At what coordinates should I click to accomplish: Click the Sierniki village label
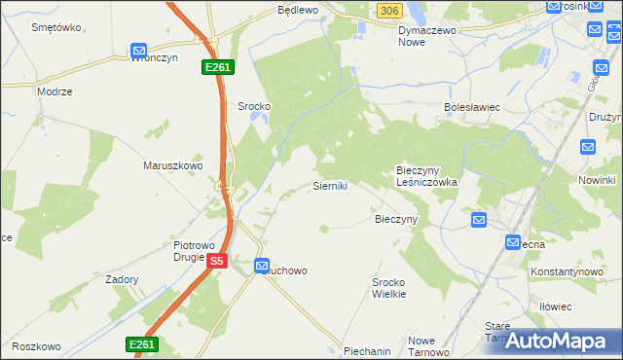pos(330,185)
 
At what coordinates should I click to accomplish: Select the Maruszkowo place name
pos(172,165)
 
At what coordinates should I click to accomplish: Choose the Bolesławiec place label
pos(471,107)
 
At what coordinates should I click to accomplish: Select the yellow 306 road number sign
pos(388,10)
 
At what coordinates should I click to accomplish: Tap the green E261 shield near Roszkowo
pos(141,344)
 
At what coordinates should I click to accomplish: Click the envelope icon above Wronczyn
pos(138,51)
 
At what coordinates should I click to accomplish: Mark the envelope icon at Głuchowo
pos(262,266)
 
